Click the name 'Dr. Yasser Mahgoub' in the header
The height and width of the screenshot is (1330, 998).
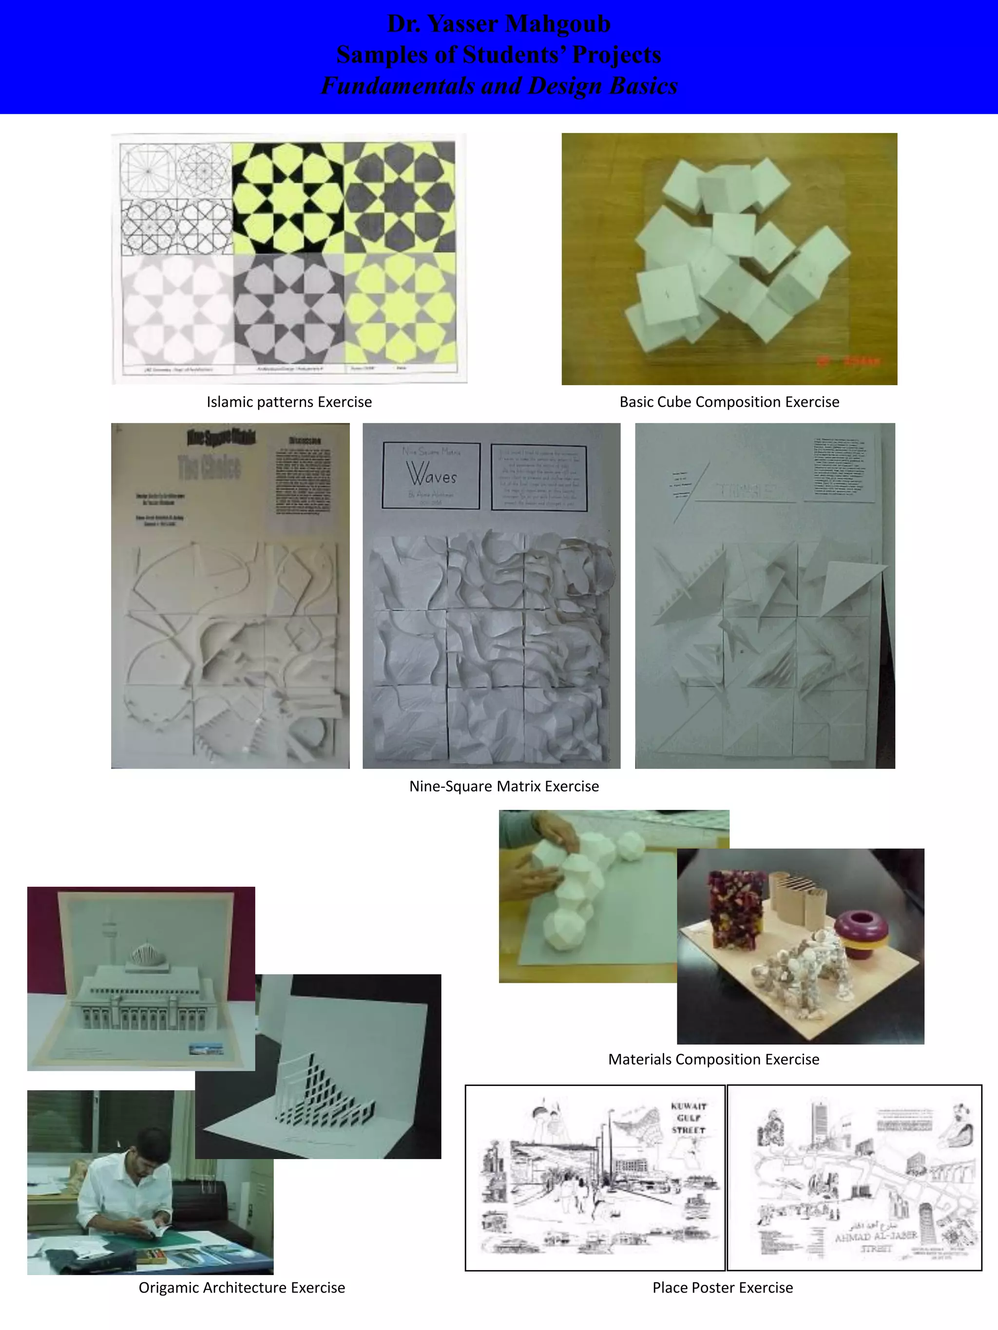(499, 24)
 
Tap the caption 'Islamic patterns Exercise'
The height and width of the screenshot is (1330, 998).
(289, 402)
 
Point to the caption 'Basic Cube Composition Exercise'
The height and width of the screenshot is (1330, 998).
(729, 402)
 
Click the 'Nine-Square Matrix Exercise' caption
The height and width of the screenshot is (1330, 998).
(503, 786)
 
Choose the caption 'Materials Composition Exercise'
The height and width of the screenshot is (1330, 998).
(713, 1059)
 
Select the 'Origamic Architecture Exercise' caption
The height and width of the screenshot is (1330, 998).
(241, 1287)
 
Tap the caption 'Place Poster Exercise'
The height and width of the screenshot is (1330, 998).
(723, 1287)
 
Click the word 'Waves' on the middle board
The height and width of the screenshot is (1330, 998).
(431, 474)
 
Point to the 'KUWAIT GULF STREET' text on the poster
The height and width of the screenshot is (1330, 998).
(688, 1118)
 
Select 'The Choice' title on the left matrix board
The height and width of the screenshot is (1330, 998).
(210, 467)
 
